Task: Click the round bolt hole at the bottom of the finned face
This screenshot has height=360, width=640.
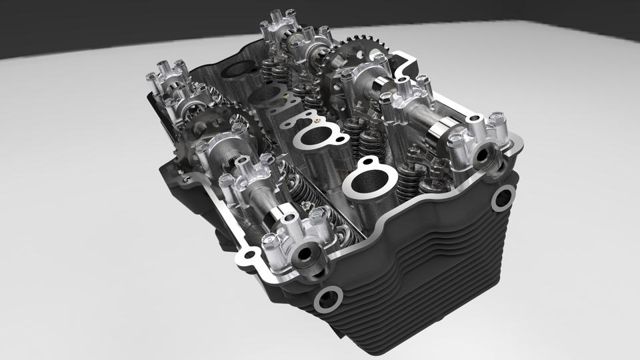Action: (329, 299)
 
